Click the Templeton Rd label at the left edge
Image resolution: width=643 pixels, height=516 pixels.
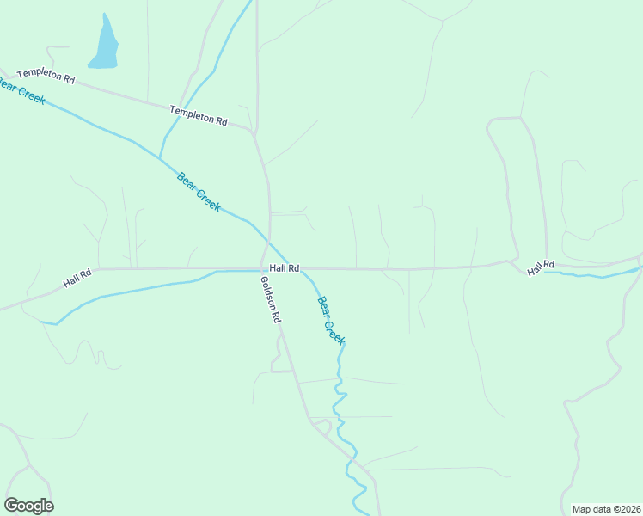tap(46, 76)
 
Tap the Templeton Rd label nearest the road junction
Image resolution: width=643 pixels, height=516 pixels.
tap(199, 115)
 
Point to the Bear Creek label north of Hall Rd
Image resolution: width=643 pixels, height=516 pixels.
tap(199, 192)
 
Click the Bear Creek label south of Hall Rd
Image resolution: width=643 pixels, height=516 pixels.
tap(331, 320)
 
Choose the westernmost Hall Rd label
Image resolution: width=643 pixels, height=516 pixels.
tap(77, 279)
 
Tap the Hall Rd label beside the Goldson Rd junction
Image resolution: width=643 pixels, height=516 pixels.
tap(284, 268)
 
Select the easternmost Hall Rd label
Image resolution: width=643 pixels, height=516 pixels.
tap(542, 267)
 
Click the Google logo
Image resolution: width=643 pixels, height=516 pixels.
tap(28, 506)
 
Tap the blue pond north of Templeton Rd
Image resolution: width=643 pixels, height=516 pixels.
tap(105, 47)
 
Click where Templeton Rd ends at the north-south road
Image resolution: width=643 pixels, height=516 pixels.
tap(254, 133)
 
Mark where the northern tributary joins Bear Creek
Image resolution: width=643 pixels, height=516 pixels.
tap(160, 157)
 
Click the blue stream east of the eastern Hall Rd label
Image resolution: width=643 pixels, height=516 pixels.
tap(593, 275)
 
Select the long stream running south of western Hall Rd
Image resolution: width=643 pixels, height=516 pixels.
tap(138, 288)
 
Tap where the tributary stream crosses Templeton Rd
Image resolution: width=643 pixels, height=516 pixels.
tap(187, 108)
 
